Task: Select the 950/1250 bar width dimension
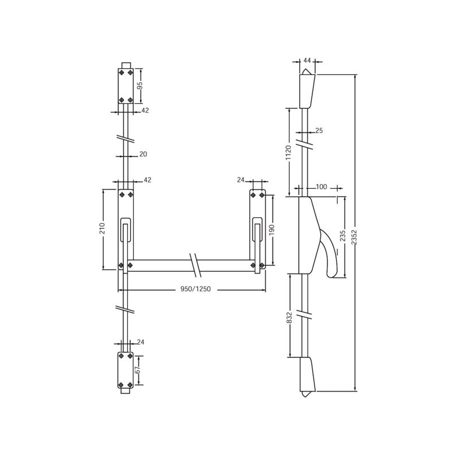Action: click(x=196, y=289)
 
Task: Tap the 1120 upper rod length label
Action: click(x=288, y=153)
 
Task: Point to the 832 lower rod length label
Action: click(x=289, y=318)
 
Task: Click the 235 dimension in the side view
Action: click(x=343, y=236)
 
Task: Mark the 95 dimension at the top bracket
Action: click(x=140, y=85)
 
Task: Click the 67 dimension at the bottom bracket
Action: click(x=138, y=370)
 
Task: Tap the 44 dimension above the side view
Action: click(x=307, y=60)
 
